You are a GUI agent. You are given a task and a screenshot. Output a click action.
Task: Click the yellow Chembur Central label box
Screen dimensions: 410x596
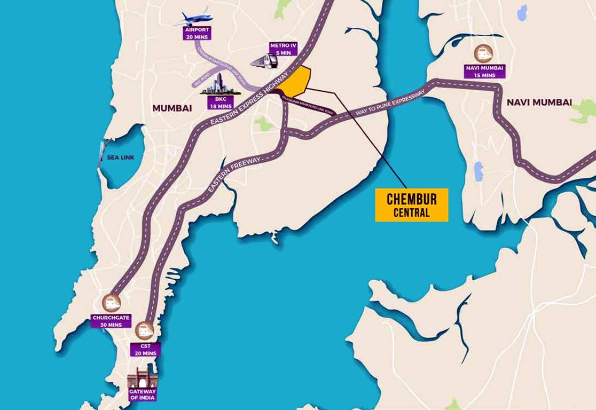click(411, 204)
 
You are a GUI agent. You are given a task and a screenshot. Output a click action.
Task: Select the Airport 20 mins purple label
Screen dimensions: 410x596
click(197, 33)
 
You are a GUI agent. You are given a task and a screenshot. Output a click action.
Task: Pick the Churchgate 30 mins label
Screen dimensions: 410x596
click(111, 321)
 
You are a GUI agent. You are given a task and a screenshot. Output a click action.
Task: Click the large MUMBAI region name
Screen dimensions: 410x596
click(172, 108)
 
